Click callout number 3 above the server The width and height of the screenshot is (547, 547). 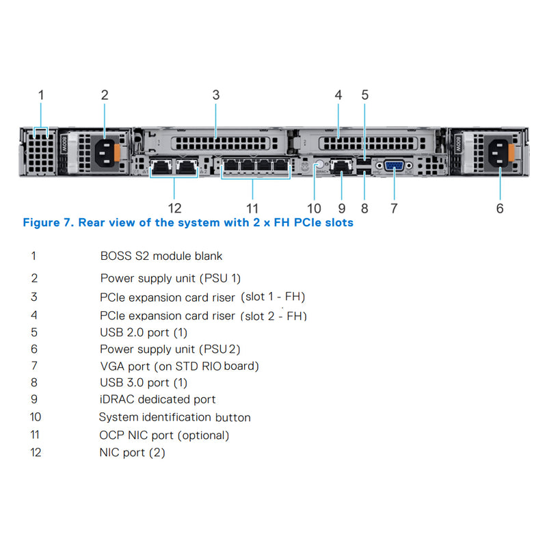point(216,95)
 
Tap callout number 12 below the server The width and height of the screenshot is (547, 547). point(175,208)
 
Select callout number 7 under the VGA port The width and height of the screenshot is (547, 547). point(394,208)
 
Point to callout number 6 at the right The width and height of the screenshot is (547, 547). point(500,208)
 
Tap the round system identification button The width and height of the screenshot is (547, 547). point(317,165)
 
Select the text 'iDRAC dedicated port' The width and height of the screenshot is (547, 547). point(157,399)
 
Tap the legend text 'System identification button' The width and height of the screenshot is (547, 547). point(174,417)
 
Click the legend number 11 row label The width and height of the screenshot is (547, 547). point(36,435)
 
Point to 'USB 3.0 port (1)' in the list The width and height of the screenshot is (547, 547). point(143,383)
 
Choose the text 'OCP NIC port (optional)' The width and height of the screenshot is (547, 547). point(164,435)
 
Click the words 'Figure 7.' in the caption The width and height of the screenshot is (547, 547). point(48,223)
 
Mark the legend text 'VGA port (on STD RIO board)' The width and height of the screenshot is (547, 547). point(179,366)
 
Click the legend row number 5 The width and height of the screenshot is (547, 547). point(34,332)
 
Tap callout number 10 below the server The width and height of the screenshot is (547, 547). point(314,208)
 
